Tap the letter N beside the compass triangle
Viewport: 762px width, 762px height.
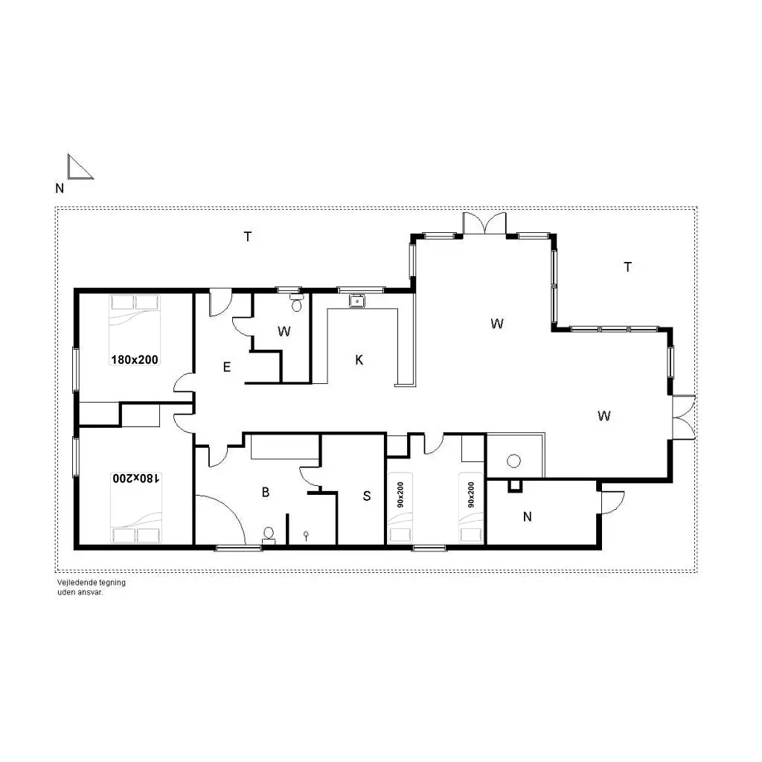click(x=60, y=188)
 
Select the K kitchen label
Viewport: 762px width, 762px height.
click(x=359, y=360)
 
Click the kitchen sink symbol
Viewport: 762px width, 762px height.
click(x=357, y=301)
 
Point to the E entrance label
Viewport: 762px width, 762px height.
click(x=226, y=368)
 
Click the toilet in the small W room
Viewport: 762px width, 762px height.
click(x=296, y=304)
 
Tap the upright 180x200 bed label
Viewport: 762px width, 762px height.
click(x=135, y=359)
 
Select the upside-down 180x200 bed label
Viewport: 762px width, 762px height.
click(x=135, y=478)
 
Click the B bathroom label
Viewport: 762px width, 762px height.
click(x=266, y=493)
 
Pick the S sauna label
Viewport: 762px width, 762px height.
click(x=367, y=496)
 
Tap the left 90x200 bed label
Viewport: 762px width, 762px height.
click(x=400, y=495)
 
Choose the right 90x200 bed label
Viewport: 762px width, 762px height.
click(x=471, y=495)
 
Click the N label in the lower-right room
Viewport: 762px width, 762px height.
click(x=528, y=516)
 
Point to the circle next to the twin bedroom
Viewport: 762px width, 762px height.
click(x=513, y=461)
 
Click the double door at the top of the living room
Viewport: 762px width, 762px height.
click(x=484, y=224)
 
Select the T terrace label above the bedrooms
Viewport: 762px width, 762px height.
click(x=248, y=237)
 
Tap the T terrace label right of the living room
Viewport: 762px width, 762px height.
click(x=627, y=267)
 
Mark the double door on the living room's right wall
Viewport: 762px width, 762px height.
click(x=684, y=417)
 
